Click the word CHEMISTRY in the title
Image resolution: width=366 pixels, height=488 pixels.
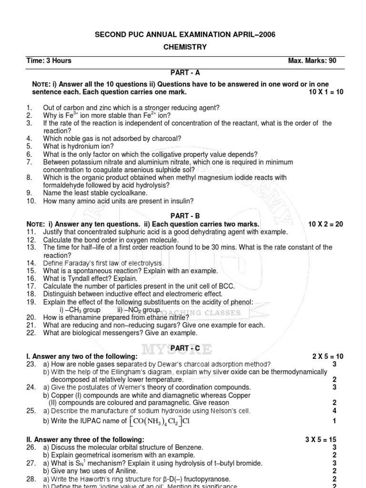183,47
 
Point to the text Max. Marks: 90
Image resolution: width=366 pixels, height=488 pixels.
312,61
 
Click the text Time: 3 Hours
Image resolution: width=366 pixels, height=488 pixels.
49,61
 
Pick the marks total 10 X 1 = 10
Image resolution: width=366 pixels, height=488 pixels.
325,92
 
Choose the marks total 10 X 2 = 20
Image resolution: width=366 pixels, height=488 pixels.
325,224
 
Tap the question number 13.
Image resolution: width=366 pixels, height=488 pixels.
31,247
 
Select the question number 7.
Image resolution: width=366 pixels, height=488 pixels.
29,162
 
